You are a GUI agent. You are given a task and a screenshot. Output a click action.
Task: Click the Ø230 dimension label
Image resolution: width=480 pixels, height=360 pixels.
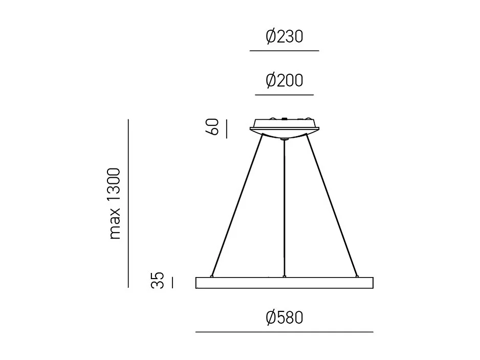(285, 37)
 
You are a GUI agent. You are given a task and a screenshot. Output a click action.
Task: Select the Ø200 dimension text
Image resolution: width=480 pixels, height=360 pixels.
(285, 81)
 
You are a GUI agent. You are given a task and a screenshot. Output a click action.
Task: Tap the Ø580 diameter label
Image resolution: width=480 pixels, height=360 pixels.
(285, 318)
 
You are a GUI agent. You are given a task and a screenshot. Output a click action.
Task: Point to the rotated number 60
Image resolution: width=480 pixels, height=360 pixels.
(214, 128)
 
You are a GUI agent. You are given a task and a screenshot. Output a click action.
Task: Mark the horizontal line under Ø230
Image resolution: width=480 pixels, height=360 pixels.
(285, 51)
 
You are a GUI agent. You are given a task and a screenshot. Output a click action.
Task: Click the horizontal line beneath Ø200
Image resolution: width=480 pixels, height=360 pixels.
(285, 95)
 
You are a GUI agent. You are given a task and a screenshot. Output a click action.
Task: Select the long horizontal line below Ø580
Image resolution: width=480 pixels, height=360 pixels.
(285, 332)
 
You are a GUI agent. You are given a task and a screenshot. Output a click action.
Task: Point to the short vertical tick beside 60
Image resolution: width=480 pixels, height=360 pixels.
(226, 128)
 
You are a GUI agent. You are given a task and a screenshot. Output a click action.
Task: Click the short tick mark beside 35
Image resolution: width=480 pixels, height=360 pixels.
(172, 282)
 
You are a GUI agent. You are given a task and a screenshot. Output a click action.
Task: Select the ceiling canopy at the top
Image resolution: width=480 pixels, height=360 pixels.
(285, 125)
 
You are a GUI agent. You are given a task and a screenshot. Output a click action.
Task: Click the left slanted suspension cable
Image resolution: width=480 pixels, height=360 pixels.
(238, 205)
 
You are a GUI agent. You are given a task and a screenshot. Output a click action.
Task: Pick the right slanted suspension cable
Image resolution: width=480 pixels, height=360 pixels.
(331, 205)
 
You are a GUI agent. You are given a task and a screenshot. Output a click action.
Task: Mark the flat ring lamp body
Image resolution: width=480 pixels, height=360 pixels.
(285, 283)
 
